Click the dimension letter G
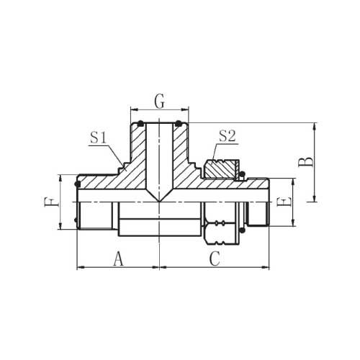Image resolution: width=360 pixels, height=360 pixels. [x=160, y=102]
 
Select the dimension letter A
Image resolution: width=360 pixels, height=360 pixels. [x=118, y=259]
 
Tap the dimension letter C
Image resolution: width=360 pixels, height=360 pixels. [x=215, y=259]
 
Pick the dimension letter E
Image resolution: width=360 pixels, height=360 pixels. [x=284, y=202]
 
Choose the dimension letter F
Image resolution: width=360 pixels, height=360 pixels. [x=51, y=202]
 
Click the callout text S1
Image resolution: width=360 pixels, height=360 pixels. [x=98, y=138]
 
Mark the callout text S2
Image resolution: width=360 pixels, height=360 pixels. [x=228, y=137]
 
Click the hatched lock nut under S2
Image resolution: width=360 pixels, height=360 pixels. [x=220, y=169]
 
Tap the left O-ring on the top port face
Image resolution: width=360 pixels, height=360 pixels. [x=140, y=124]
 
